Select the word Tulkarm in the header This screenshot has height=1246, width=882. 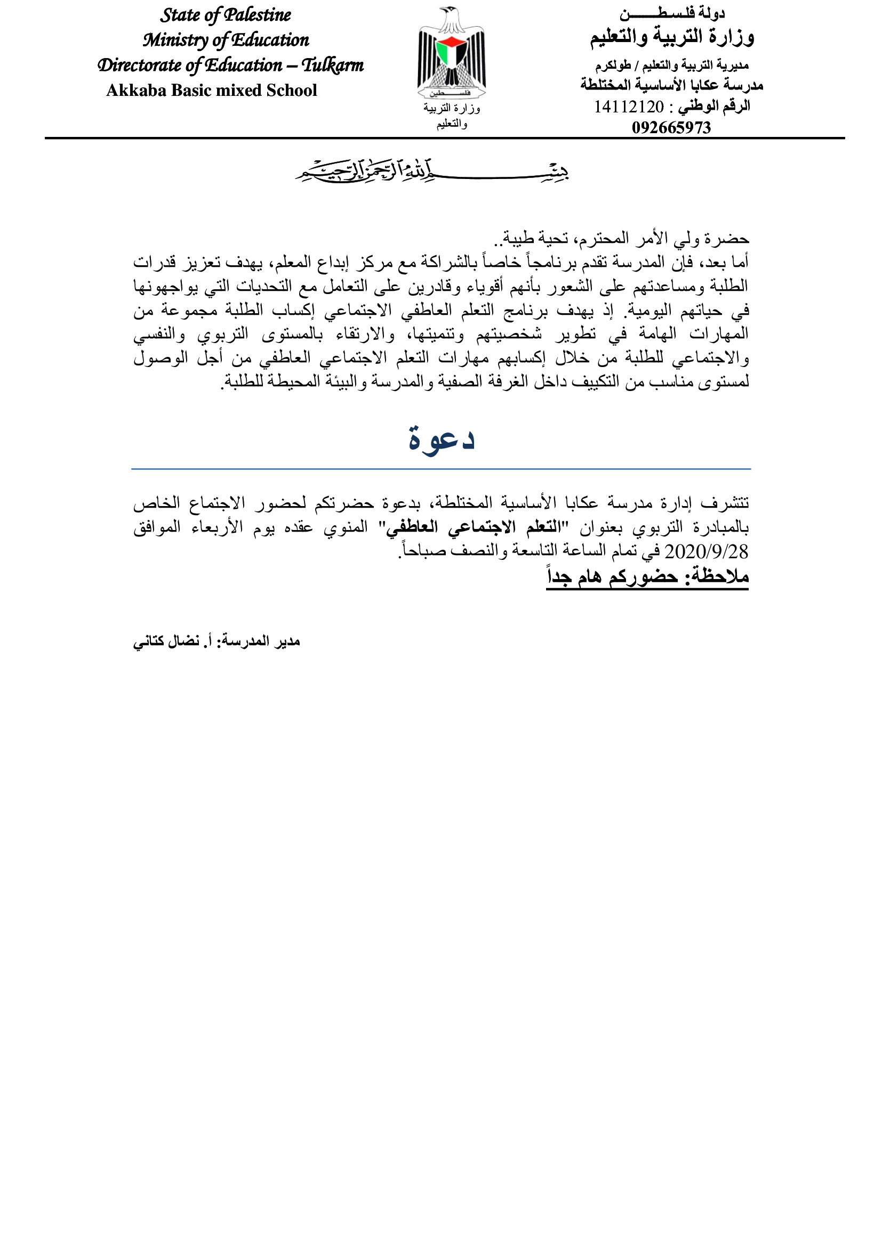click(x=332, y=65)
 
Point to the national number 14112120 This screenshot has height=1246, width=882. click(x=628, y=107)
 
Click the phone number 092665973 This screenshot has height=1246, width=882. click(x=671, y=127)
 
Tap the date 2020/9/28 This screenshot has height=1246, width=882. click(x=706, y=552)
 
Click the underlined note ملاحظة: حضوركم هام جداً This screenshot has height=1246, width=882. click(x=647, y=576)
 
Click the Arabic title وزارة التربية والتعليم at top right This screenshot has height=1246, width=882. click(x=672, y=37)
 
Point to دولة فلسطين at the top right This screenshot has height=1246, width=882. click(x=672, y=13)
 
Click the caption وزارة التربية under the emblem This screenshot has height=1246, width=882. click(x=452, y=109)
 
